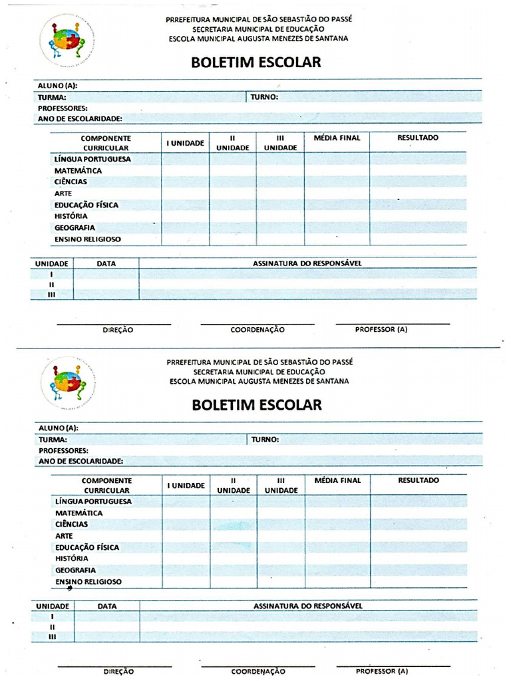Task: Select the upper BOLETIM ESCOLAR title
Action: (256, 63)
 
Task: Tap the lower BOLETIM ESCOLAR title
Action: (257, 404)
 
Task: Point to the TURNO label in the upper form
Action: (264, 97)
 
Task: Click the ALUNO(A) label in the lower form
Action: (59, 428)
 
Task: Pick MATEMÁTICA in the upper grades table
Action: (79, 171)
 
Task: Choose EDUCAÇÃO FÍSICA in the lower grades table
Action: (87, 547)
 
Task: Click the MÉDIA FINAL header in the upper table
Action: (337, 138)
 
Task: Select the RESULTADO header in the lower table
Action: (419, 480)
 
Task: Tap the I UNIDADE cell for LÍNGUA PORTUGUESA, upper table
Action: (185, 160)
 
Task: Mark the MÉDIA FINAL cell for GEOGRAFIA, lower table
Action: (337, 571)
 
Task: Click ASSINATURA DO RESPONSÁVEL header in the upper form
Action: (307, 263)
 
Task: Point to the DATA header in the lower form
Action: (107, 607)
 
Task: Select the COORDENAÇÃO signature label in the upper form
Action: (257, 329)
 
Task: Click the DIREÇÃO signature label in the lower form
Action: (118, 672)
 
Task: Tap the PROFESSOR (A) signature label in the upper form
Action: (381, 329)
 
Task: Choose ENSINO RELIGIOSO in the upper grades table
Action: (88, 239)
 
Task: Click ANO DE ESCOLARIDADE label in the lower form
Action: (82, 460)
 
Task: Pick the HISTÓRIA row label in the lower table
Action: (72, 559)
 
